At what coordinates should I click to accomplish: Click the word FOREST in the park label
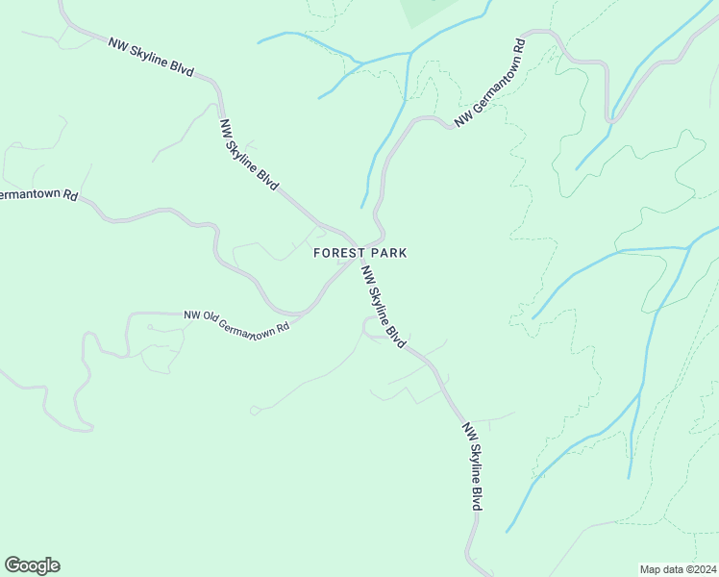(336, 253)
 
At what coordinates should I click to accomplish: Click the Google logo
(32, 565)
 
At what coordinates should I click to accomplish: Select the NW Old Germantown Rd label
(236, 323)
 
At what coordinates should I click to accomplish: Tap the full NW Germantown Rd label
(490, 84)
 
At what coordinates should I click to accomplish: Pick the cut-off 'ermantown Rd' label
(38, 195)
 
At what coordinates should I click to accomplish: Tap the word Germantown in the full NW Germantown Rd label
(493, 82)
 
